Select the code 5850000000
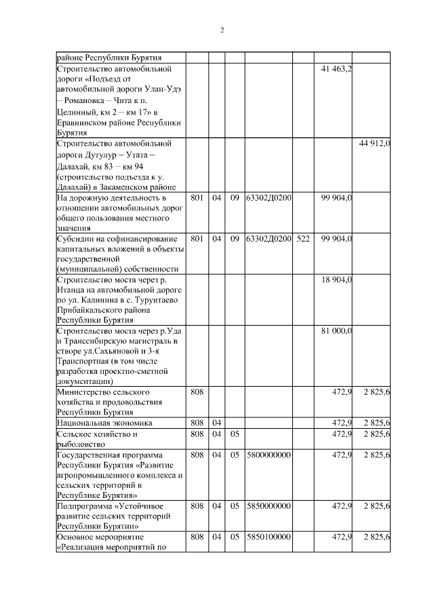click(x=269, y=505)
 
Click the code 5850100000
click(x=269, y=537)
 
